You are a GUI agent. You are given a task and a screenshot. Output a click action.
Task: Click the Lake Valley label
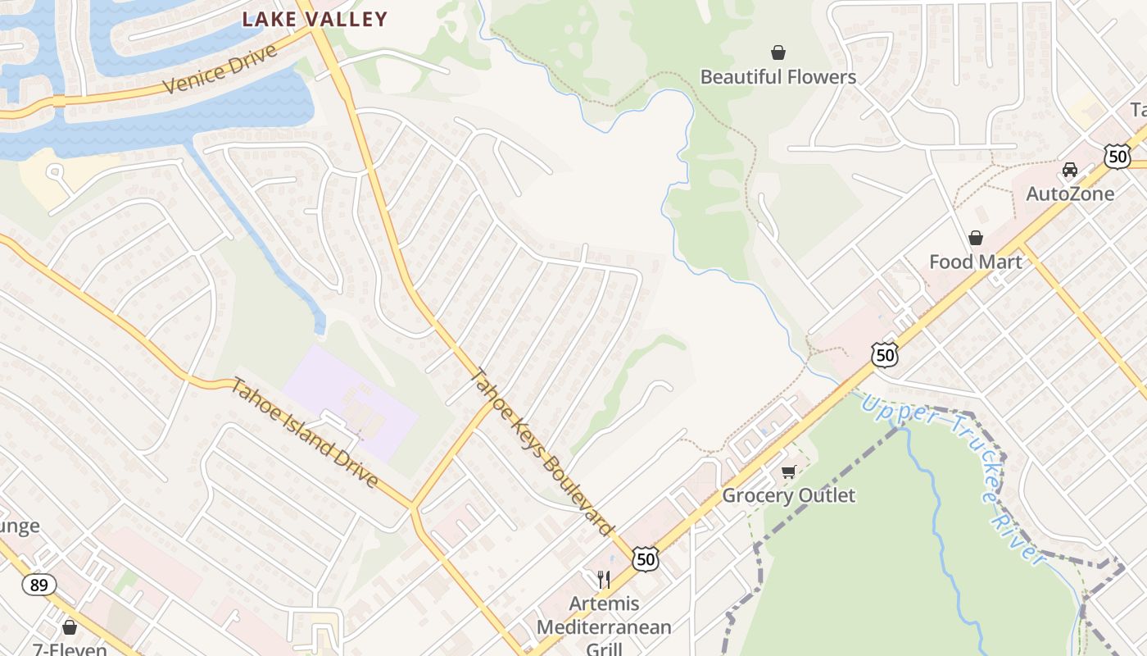coord(315,20)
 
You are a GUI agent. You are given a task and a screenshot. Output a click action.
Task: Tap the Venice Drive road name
coord(220,70)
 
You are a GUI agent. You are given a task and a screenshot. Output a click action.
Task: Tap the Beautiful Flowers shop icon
coord(778,53)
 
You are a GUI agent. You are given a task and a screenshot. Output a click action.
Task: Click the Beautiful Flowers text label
coord(778,77)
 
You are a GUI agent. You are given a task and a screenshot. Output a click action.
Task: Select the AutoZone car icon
coord(1069,170)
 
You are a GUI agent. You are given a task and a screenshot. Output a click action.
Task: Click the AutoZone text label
coord(1070,194)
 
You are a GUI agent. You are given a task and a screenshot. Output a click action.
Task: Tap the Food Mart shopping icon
coord(975,238)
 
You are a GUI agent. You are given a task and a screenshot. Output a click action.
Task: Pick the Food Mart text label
coord(975,262)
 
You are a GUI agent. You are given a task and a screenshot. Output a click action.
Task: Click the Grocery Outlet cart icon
coord(788,471)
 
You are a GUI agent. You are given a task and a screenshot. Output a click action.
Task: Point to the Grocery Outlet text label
coord(788,495)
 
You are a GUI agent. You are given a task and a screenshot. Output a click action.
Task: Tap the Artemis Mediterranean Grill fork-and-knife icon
coord(604,580)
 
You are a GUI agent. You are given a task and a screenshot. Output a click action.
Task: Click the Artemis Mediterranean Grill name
coord(604,627)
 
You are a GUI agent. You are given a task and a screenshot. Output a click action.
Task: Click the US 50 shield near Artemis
coord(646,559)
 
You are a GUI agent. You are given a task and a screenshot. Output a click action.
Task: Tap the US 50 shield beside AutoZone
coord(1117,157)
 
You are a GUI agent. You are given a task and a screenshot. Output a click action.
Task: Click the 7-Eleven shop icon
coord(70,627)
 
